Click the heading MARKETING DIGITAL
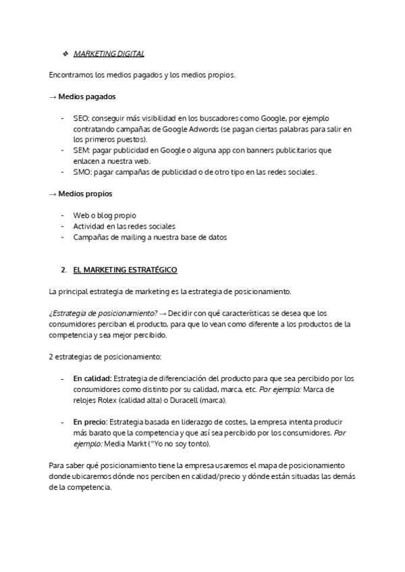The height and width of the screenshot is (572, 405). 109,54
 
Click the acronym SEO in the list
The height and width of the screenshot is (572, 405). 80,118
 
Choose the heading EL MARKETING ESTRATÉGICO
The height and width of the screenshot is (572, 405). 125,270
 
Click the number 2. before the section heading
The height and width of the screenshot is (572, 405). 63,270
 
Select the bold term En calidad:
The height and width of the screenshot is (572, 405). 92,378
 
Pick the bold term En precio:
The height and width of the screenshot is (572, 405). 92,422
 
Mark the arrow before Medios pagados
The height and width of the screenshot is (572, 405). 53,96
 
